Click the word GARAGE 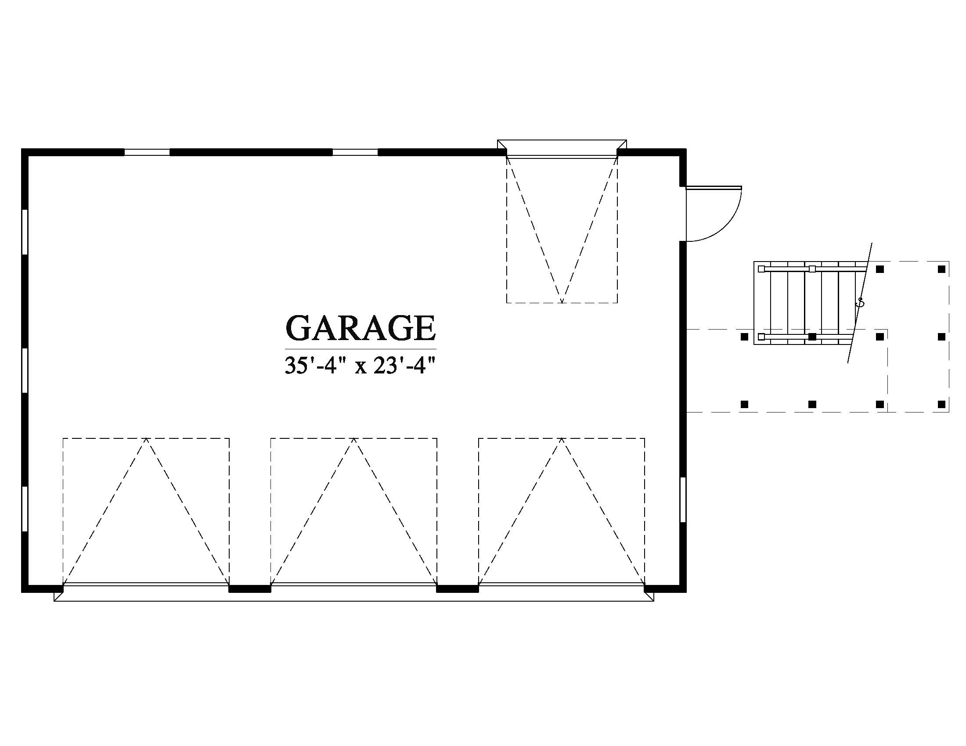[x=360, y=327]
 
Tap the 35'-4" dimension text [x=314, y=366]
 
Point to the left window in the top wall [x=147, y=152]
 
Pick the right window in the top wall [x=355, y=152]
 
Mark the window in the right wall [x=683, y=500]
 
